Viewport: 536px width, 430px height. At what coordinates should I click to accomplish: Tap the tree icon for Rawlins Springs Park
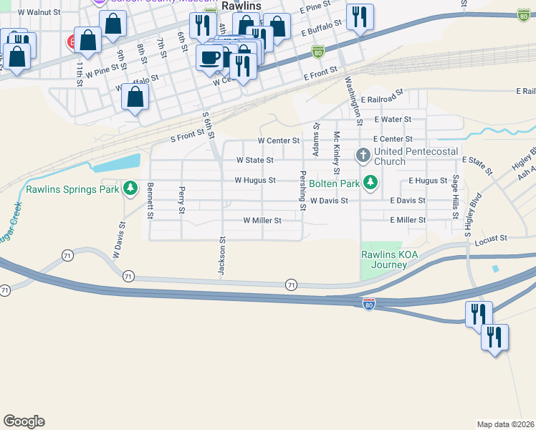[130, 188]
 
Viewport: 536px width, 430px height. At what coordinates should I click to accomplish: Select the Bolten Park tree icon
[370, 183]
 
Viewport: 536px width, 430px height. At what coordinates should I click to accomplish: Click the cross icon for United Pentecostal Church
[363, 155]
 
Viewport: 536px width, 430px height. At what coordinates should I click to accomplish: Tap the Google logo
[24, 421]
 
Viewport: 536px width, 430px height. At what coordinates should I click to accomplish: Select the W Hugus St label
[255, 181]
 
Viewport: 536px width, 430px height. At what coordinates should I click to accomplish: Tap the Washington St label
[353, 97]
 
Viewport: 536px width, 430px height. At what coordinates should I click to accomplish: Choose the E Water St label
[393, 120]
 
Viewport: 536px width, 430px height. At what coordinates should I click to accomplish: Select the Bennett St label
[150, 201]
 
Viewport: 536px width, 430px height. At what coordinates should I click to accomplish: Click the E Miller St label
[408, 220]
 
